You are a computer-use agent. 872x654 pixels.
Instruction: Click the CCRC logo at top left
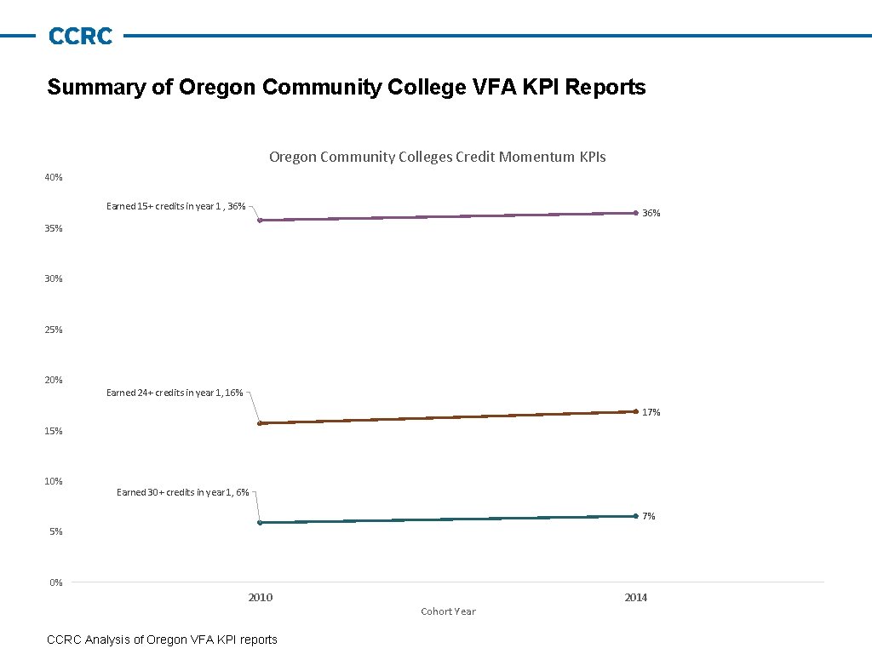tap(80, 37)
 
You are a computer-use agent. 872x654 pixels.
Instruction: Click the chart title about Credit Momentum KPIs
tap(437, 157)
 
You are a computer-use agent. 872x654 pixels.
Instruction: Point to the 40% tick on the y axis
tap(54, 177)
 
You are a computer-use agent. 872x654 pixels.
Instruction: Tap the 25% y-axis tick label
tap(54, 330)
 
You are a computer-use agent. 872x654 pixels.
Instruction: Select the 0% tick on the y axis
tap(55, 582)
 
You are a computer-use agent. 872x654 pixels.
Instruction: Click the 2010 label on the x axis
tap(260, 598)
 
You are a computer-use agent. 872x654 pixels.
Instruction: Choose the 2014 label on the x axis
tap(635, 598)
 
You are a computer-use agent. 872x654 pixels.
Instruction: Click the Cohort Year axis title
tap(448, 611)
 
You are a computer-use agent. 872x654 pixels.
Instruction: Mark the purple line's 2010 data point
tap(260, 221)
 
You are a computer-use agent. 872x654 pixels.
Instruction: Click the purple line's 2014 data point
tap(635, 213)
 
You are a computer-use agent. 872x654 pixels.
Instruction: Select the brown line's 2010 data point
tap(260, 423)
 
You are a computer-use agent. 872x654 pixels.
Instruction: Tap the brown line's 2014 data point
tap(635, 411)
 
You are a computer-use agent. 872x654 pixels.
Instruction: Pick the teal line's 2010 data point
tap(260, 523)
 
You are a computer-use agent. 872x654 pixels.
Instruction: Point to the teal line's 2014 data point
tap(635, 516)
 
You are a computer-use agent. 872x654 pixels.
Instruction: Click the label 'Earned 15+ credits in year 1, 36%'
tap(175, 206)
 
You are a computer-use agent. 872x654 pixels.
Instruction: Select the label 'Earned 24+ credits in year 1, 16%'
tap(175, 393)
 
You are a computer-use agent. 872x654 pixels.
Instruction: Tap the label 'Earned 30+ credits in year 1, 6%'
tap(182, 492)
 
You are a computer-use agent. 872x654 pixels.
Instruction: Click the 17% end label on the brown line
tap(651, 412)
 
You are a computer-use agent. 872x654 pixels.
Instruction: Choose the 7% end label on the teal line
tap(649, 517)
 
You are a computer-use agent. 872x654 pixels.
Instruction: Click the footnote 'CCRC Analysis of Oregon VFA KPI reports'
tap(162, 640)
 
